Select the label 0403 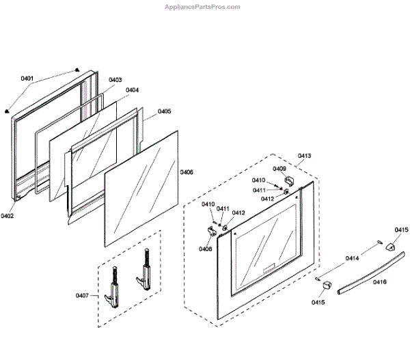coord(115,80)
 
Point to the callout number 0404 coord(133,89)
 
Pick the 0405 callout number coord(164,111)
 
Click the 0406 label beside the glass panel coord(186,172)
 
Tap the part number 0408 coord(206,249)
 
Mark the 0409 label coord(279,168)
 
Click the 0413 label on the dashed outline coord(304,156)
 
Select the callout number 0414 coord(352,258)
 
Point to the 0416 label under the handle coord(379,281)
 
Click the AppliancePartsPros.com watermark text coord(203,7)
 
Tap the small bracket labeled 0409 coord(289,180)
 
